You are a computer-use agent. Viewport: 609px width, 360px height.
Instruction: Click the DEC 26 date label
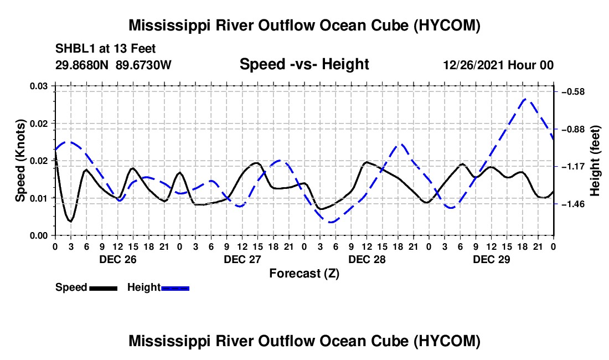[x=118, y=259]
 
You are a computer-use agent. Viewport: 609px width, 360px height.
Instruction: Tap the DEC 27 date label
[x=242, y=259]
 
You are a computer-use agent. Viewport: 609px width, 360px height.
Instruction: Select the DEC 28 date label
[x=367, y=259]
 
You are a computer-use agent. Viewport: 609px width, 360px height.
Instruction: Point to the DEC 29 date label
[x=491, y=259]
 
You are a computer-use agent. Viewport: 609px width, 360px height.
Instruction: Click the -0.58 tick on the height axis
[x=573, y=91]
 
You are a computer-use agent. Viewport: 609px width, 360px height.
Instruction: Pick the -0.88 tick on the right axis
[x=573, y=129]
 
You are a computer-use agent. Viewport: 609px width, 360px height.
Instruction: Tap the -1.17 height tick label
[x=573, y=167]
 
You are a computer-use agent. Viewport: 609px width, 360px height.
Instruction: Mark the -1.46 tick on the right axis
[x=573, y=204]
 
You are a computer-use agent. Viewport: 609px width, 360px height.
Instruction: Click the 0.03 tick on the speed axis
[x=39, y=86]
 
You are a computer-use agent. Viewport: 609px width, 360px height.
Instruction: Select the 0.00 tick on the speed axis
[x=39, y=235]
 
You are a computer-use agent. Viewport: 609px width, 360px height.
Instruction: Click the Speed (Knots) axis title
[x=20, y=161]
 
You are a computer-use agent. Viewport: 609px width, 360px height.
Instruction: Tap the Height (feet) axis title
[x=595, y=161]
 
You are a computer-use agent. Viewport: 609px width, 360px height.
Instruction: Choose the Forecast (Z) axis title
[x=304, y=274]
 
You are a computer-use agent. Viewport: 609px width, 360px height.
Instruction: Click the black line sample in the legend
[x=104, y=288]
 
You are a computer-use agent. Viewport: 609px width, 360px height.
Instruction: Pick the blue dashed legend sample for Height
[x=175, y=288]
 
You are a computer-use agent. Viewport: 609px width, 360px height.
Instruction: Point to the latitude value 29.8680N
[x=82, y=65]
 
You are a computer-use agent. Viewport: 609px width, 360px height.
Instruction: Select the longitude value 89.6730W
[x=143, y=65]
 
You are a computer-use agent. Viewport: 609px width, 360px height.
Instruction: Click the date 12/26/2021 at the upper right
[x=474, y=65]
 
